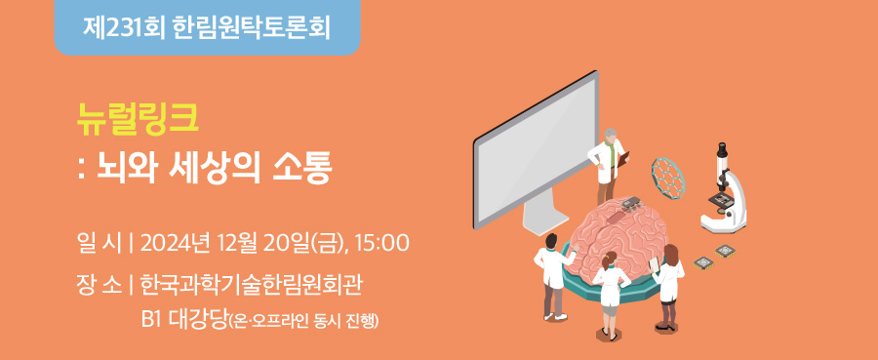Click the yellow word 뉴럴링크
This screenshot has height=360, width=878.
coord(138,120)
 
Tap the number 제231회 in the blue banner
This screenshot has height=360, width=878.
coord(124,27)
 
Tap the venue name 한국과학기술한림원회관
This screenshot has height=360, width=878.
coord(252,286)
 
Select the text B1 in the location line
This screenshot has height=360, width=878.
coord(152,320)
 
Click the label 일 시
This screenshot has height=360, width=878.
coord(98,243)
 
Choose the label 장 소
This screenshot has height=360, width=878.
coord(98,286)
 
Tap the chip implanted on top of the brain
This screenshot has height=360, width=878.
coord(630,204)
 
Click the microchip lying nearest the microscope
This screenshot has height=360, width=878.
coord(725,251)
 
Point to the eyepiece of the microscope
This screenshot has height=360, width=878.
coord(722,149)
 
